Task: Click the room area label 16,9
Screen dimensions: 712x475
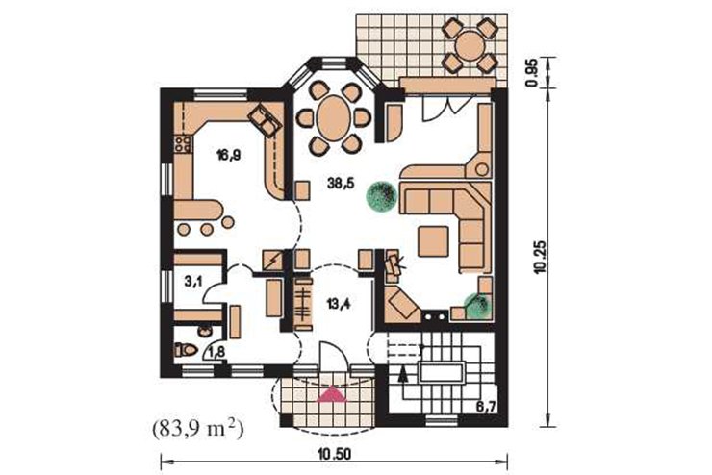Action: click(x=228, y=156)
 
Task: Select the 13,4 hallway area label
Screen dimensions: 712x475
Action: click(x=340, y=304)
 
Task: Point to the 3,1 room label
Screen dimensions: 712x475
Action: click(x=193, y=282)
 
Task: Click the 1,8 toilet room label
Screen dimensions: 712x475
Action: click(x=216, y=352)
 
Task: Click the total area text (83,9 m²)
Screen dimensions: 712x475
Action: click(x=197, y=429)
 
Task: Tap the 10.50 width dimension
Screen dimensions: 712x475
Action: click(x=335, y=455)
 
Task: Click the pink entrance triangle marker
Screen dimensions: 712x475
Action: click(x=333, y=394)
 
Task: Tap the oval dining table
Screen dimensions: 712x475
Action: click(x=334, y=118)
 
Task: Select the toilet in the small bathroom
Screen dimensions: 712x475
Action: click(x=186, y=349)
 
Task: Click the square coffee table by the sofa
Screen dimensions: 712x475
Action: click(x=434, y=241)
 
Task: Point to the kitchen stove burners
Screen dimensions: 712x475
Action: click(x=183, y=144)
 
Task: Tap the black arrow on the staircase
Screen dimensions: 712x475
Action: click(x=401, y=374)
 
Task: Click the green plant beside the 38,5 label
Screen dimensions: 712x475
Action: click(x=380, y=196)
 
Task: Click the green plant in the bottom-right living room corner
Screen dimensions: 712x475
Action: click(x=477, y=306)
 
